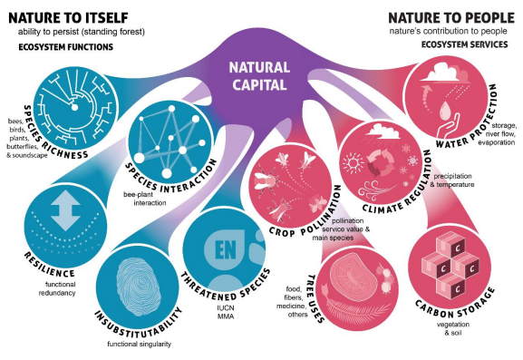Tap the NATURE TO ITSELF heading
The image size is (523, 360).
67,17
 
